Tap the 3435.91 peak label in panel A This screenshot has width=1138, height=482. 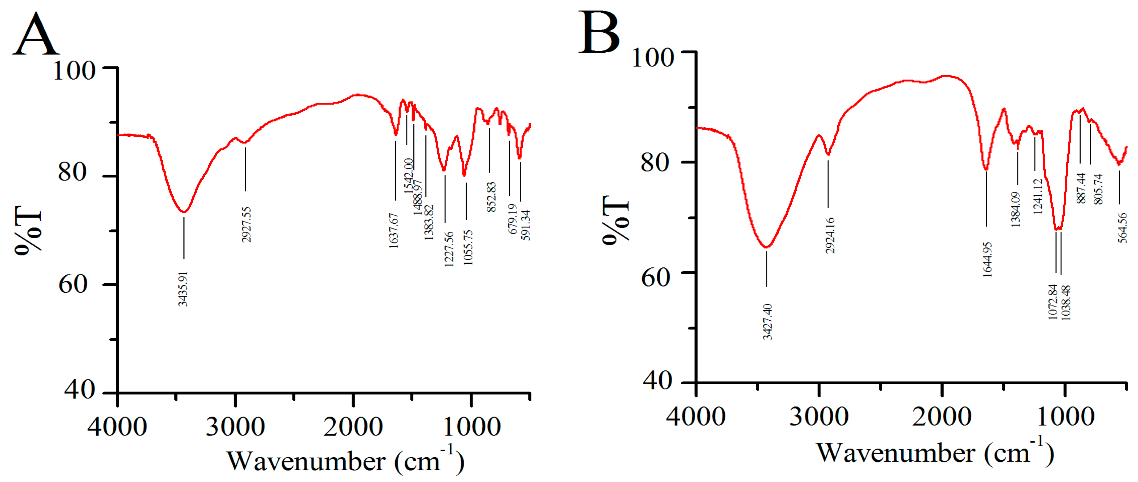pos(183,289)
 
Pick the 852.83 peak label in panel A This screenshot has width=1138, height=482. pos(491,197)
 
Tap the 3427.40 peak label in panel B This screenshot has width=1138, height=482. pos(768,321)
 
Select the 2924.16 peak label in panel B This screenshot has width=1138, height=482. pos(830,235)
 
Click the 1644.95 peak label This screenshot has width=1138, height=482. pos(987,259)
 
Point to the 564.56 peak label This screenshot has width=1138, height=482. pos(1122,228)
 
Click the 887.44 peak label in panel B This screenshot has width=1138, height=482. pos(1081,188)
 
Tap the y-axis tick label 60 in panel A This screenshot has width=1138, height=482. pos(73,284)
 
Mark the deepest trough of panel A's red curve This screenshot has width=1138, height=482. pos(184,212)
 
